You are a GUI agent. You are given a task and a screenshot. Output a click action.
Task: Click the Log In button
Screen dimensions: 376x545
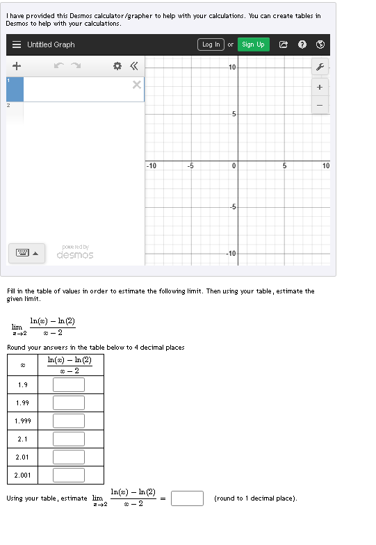[x=211, y=44]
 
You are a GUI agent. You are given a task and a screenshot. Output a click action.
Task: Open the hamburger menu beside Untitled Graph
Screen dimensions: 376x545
[x=17, y=44]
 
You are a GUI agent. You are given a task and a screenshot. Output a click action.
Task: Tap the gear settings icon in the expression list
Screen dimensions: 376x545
[x=117, y=66]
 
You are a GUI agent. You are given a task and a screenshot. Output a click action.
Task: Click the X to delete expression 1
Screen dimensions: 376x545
[x=136, y=85]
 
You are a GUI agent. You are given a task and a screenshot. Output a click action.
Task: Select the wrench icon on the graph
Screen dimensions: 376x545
[x=320, y=67]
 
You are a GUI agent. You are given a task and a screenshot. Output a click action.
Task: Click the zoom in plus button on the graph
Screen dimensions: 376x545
[x=320, y=88]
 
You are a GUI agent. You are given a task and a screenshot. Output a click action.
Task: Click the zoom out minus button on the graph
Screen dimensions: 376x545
[x=320, y=105]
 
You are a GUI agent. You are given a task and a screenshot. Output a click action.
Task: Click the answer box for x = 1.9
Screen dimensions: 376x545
[x=68, y=384]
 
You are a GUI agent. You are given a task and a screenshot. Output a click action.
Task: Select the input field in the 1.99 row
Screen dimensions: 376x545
[x=68, y=402]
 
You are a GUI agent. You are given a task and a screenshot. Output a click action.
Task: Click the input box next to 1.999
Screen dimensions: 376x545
[x=68, y=421]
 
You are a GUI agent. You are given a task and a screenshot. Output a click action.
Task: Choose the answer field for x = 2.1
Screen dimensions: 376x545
[x=68, y=439]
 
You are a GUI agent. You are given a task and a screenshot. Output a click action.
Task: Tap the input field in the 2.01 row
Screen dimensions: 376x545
[x=68, y=457]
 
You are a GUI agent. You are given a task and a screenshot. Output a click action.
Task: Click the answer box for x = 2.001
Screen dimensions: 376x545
[x=68, y=475]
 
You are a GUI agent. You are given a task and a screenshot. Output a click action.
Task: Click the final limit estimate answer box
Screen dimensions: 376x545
[x=187, y=498]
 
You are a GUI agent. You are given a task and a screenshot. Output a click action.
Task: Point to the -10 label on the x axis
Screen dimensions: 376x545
[x=152, y=166]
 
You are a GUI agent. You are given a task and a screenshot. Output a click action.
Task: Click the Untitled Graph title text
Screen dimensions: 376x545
[x=51, y=44]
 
